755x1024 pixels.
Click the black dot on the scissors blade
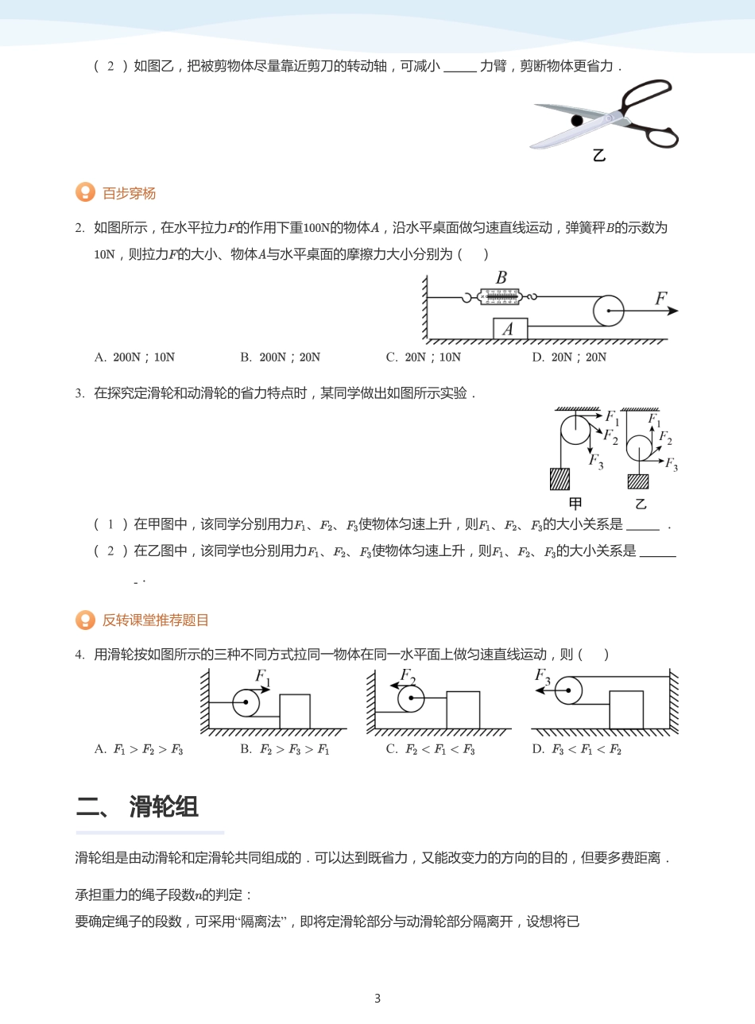tap(577, 121)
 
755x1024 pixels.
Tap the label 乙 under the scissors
tap(599, 156)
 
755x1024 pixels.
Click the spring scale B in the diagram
tap(501, 297)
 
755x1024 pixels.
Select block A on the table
tap(509, 329)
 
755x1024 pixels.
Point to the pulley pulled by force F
tap(609, 311)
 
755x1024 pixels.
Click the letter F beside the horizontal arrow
tap(660, 299)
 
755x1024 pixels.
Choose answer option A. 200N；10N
tap(134, 357)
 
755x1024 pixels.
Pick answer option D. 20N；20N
tap(569, 357)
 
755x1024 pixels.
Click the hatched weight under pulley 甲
tap(559, 479)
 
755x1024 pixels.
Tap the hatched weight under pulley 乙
tap(638, 481)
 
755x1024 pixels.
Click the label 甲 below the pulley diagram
tap(575, 504)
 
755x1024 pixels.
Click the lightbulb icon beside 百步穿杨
tap(85, 193)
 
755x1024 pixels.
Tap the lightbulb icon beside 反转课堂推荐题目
tap(85, 620)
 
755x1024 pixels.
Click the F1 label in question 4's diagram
tap(262, 677)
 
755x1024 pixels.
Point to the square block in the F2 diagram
tap(463, 709)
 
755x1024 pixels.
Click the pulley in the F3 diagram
tap(568, 690)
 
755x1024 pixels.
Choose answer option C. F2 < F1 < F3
tap(430, 749)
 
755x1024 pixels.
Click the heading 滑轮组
tap(164, 806)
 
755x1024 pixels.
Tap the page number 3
tap(377, 999)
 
